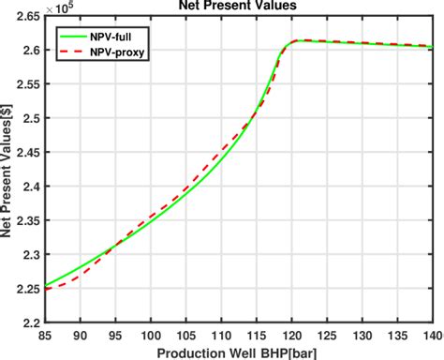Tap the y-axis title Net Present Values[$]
9,169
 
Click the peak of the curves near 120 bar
297,40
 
